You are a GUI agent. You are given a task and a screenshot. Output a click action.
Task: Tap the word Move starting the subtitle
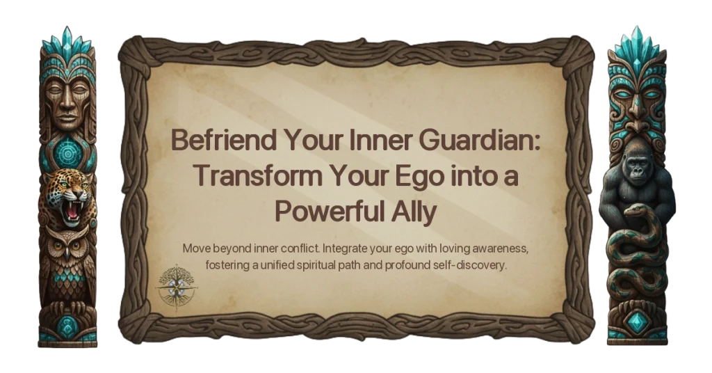pos(197,248)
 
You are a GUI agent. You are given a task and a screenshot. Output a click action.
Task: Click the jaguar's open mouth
pos(70,207)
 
